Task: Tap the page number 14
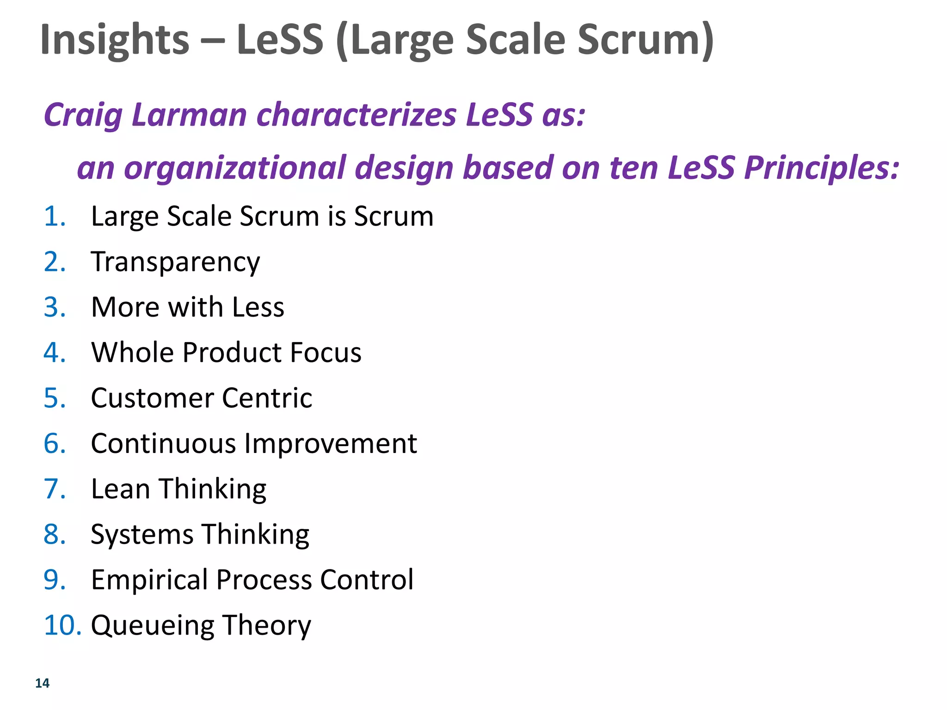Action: (x=42, y=683)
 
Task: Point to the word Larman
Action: (x=189, y=115)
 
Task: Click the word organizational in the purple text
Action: (x=235, y=168)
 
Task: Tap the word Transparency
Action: (x=176, y=263)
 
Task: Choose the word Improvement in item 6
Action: (x=331, y=444)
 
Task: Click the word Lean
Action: (x=120, y=489)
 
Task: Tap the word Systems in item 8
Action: (x=141, y=535)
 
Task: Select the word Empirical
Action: (x=149, y=580)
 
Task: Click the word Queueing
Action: (x=153, y=626)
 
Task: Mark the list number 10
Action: (x=62, y=625)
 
